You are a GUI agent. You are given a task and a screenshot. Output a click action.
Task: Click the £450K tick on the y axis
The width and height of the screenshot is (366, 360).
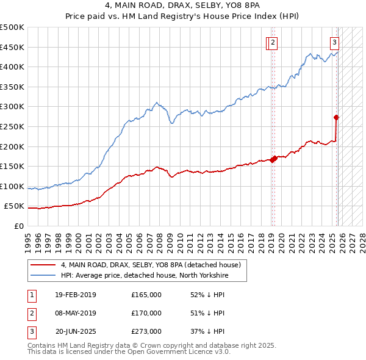12,47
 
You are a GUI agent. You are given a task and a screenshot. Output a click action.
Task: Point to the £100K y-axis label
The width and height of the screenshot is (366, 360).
12,187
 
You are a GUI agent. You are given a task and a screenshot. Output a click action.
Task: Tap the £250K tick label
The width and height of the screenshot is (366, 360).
12,127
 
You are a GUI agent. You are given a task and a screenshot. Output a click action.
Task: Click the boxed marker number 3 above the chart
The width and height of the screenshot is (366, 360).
335,42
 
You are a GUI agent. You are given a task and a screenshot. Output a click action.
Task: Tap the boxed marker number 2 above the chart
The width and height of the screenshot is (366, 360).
273,42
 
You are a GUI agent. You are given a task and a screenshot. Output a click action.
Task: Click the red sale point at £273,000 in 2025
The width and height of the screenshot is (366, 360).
336,117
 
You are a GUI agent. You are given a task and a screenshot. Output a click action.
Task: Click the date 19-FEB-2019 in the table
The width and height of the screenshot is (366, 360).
75,295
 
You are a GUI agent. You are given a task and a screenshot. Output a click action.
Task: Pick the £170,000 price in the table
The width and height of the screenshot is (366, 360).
146,313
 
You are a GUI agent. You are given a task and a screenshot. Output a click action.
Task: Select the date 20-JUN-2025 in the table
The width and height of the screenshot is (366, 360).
76,332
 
